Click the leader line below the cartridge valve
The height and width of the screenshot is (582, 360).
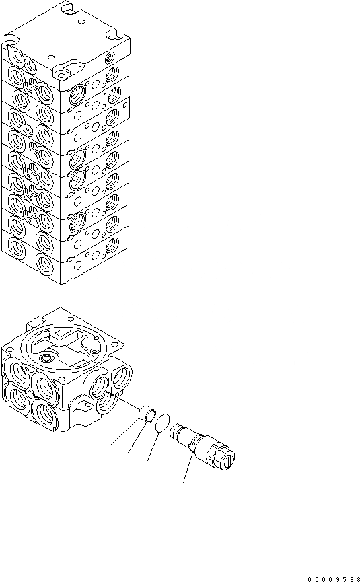[x=188, y=468]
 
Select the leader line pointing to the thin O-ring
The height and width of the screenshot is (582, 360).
[x=153, y=443]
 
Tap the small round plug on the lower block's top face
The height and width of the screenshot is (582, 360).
[x=49, y=361]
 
